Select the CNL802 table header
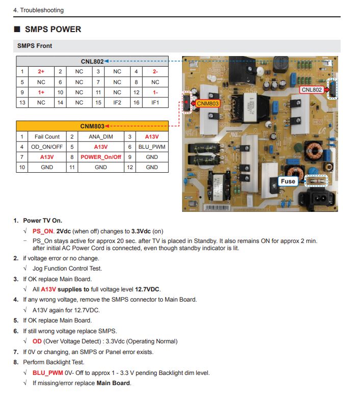pos(92,62)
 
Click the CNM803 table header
pos(92,126)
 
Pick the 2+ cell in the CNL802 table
pos(41,72)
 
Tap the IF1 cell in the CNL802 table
pos(155,102)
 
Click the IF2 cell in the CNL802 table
pos(117,102)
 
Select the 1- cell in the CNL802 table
pos(155,92)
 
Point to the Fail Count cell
pos(47,137)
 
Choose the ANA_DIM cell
pos(101,137)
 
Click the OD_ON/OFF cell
pos(47,147)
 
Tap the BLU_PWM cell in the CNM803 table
pos(151,147)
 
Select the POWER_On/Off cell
pos(101,157)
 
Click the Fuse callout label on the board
pos(288,181)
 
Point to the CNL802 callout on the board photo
pos(312,90)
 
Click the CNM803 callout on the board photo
pos(208,103)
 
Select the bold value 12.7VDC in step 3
pos(148,289)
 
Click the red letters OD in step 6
pos(37,341)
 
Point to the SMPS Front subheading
pos(35,46)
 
